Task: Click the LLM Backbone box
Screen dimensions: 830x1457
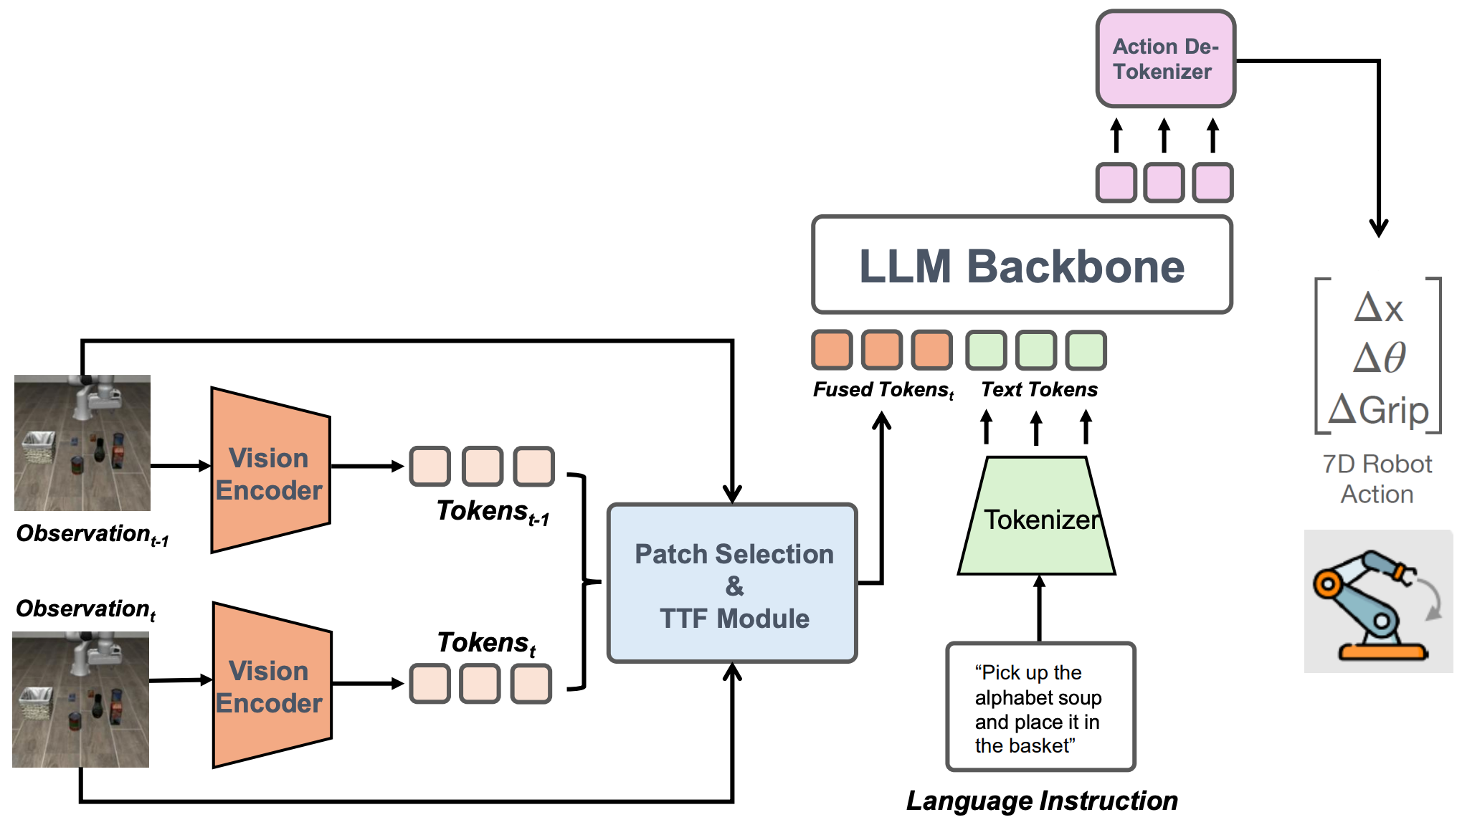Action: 1022,265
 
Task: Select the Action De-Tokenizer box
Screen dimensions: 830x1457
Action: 1165,59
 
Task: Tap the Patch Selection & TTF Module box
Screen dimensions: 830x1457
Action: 732,583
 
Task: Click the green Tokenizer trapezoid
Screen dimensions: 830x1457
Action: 1037,517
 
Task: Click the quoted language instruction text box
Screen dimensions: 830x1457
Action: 1040,707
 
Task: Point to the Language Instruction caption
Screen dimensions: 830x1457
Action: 1041,801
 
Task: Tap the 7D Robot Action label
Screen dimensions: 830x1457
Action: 1377,479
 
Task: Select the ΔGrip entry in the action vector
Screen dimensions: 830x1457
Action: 1378,410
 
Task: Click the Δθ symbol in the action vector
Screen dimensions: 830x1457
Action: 1378,357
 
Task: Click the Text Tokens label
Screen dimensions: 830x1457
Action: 1039,389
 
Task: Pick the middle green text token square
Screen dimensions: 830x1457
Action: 1036,350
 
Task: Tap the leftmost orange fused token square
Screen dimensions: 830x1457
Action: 832,350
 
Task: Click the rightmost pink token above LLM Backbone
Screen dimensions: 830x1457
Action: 1212,183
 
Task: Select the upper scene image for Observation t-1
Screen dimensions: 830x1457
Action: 82,443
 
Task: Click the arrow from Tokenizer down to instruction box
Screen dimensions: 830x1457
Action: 1040,609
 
